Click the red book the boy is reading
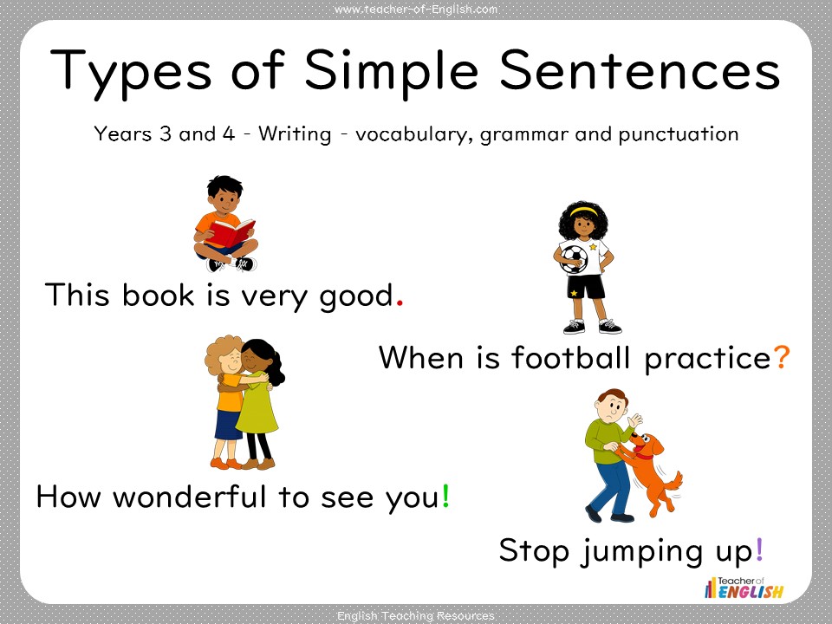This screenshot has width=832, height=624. click(x=231, y=231)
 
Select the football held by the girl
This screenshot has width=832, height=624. click(x=573, y=257)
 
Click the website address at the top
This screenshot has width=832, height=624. click(x=416, y=10)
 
